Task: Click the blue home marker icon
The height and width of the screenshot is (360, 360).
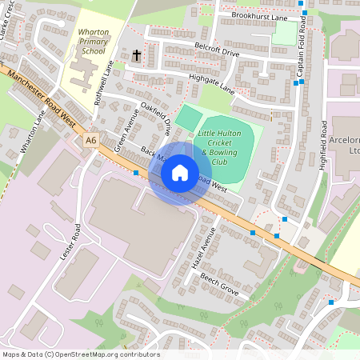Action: coord(180,173)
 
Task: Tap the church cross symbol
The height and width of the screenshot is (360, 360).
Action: coord(137,55)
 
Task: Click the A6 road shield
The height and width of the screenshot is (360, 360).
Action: coord(91,140)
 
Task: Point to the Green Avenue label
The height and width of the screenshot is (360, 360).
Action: coord(126,130)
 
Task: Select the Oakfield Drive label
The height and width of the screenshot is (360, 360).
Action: coord(157,114)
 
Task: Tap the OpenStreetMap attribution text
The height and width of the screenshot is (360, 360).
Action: coord(80,354)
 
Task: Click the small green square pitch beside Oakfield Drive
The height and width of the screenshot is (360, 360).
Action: coord(189,117)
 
